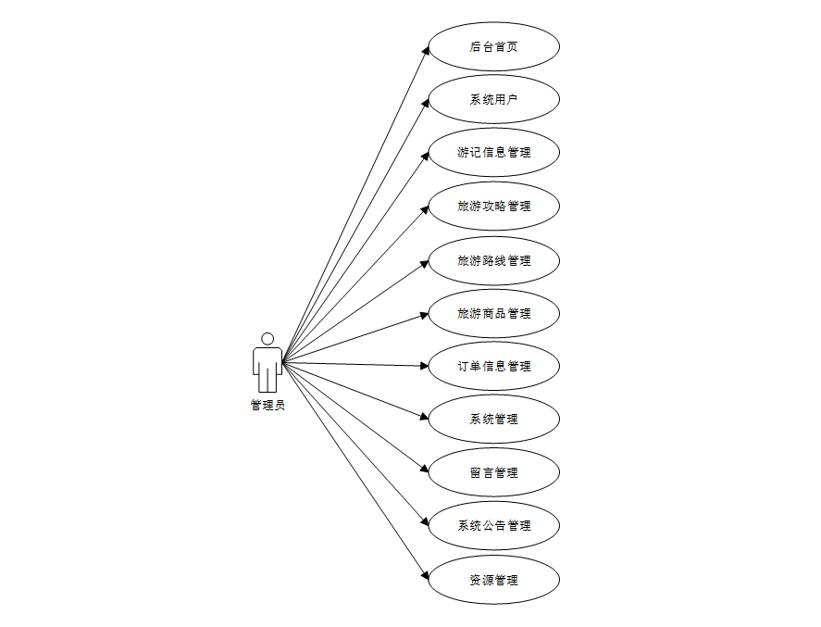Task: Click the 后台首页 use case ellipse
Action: (x=494, y=46)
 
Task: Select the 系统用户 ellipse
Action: (x=494, y=99)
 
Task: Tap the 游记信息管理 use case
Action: (x=494, y=152)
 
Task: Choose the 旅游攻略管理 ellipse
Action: (x=494, y=206)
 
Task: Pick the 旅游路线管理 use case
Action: (x=494, y=260)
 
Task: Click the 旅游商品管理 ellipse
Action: (x=494, y=313)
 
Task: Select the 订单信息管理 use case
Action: (x=494, y=366)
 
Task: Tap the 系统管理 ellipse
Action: (x=494, y=419)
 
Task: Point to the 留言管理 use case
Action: (x=494, y=472)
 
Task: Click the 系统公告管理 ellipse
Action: (x=494, y=525)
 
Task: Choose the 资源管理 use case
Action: (x=494, y=580)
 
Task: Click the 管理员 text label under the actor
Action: (x=267, y=405)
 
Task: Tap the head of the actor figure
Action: (x=267, y=339)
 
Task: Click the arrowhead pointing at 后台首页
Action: (x=427, y=50)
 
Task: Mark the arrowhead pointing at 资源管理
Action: (x=427, y=577)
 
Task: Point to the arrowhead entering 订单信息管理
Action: (x=424, y=366)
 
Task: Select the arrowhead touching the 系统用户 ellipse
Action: (x=426, y=102)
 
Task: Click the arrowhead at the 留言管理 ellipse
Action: (x=425, y=470)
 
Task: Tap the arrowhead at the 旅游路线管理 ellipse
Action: (x=425, y=263)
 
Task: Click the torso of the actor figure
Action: (x=267, y=361)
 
